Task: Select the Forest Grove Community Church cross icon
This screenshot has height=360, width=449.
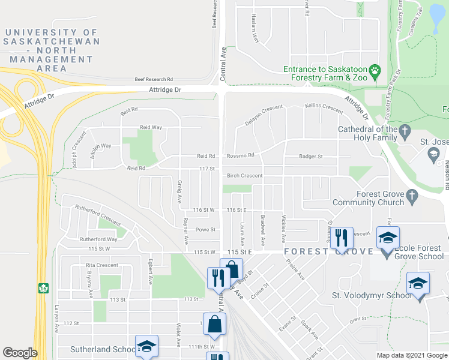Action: pos(411,195)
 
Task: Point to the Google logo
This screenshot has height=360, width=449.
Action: pos(20,353)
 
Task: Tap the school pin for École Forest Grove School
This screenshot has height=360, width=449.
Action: pos(388,239)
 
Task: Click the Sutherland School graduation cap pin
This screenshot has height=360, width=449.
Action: pos(146,347)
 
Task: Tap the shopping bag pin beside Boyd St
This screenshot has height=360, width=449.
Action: pos(231,270)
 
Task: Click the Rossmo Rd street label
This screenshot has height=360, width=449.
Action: pos(241,156)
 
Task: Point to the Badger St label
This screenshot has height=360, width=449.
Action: pos(311,157)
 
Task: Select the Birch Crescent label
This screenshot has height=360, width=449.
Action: pos(244,176)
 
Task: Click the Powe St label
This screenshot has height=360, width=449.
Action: pos(205,229)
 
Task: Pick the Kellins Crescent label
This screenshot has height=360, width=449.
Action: pos(324,108)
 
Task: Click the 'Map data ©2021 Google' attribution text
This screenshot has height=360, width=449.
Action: pos(411,355)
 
